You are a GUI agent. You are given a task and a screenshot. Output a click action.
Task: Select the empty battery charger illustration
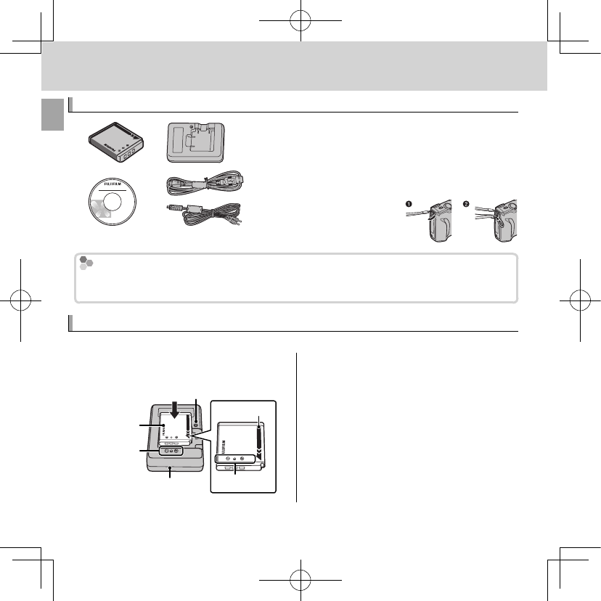pos(196,144)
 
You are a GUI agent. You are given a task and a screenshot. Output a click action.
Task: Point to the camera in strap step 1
pos(441,221)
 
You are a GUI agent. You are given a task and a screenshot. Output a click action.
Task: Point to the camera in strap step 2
pos(502,221)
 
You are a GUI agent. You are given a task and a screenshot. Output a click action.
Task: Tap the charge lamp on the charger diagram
pos(196,421)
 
